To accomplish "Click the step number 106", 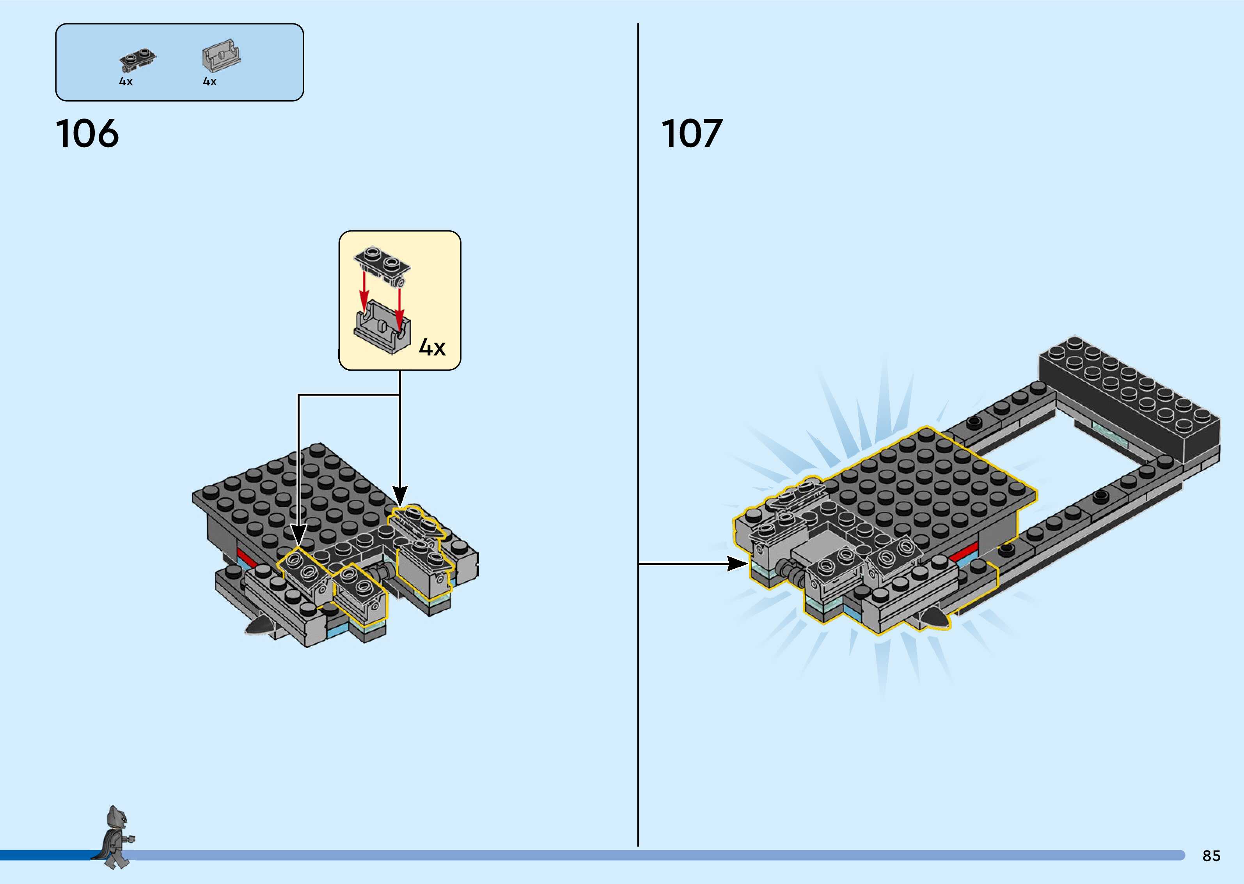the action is tap(87, 134).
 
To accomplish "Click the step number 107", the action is tap(692, 134).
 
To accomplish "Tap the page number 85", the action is tap(1211, 856).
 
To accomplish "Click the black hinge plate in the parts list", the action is tap(137, 60).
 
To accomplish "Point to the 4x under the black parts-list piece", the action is tap(126, 81).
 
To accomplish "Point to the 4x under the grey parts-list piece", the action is tap(210, 81).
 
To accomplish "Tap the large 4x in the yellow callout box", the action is tap(432, 347).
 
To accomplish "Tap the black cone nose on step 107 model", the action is tap(935, 616).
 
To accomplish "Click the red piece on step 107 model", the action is tap(962, 555).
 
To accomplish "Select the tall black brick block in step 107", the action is tap(1127, 403).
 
